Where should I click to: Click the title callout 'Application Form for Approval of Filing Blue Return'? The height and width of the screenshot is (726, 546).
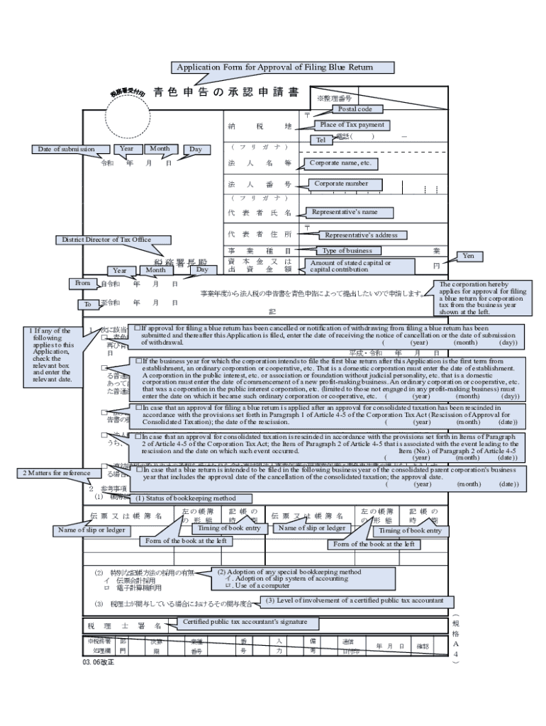pos(282,68)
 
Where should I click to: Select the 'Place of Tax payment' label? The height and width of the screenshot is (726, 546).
pos(352,125)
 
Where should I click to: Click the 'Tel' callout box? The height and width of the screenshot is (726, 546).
pos(321,140)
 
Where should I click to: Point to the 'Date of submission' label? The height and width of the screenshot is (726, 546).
pos(67,149)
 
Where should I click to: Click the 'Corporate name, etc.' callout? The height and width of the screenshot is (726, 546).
pos(340,163)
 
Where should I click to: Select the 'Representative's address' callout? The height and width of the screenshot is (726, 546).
pos(361,235)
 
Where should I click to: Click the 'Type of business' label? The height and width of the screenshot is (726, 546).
pos(347,250)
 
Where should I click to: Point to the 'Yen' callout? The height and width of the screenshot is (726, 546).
pos(468,255)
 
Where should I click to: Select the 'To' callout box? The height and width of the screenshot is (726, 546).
pos(88,304)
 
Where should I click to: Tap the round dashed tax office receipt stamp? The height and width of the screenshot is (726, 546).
pos(128,108)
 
